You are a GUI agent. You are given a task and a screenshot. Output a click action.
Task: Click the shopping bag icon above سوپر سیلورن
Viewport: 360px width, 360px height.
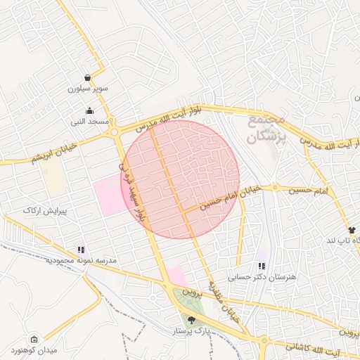[87, 77]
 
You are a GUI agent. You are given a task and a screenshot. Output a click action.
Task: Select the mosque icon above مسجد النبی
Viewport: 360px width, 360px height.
[90, 110]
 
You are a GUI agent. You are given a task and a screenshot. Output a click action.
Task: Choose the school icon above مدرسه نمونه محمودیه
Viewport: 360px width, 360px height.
[82, 250]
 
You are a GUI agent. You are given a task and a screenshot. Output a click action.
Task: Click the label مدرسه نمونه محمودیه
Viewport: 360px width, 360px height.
[80, 261]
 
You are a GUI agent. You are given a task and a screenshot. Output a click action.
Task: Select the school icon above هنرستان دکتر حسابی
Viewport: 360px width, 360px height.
[262, 266]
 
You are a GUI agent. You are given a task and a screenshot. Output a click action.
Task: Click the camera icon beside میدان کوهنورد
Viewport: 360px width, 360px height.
[34, 339]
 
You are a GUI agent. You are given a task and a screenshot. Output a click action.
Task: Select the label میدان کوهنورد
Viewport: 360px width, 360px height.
[34, 350]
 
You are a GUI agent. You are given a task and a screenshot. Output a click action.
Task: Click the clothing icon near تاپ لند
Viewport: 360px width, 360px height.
[352, 230]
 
